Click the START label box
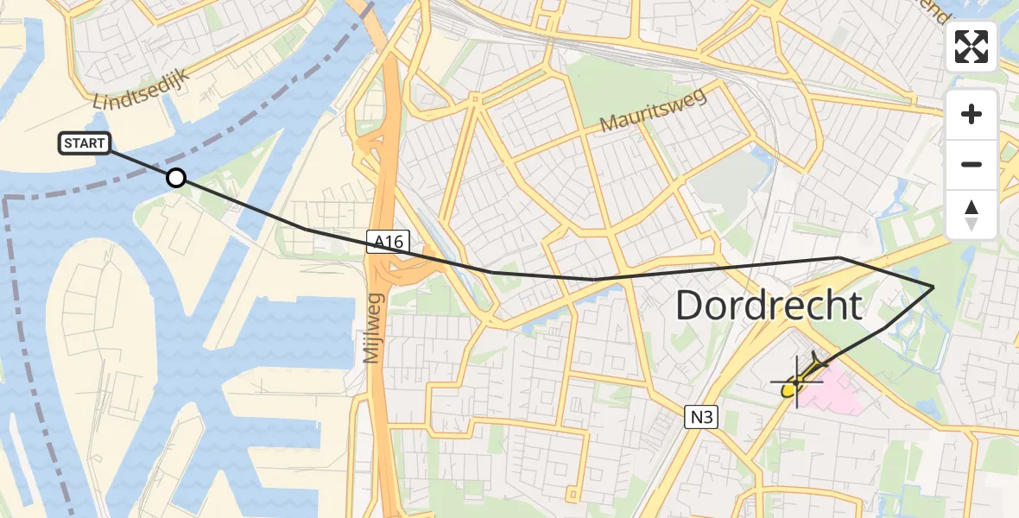[84, 143]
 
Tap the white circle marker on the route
[176, 178]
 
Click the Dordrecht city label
[769, 306]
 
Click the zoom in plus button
[972, 114]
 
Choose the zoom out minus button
[972, 164]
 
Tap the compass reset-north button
[972, 214]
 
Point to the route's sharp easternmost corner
[934, 286]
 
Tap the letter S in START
[67, 143]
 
